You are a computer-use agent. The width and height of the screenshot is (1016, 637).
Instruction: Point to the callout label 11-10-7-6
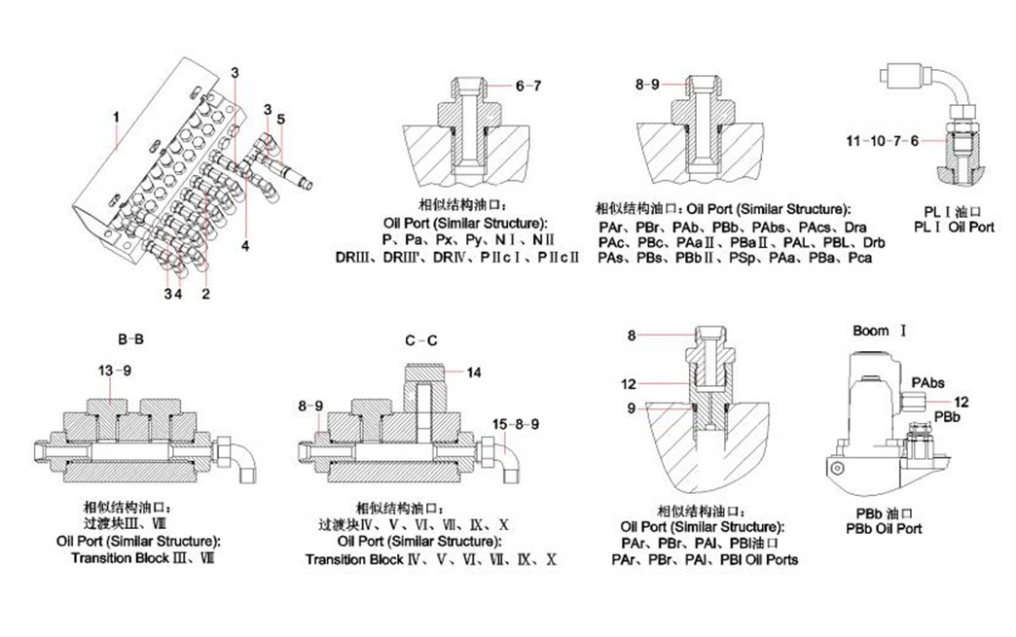[x=882, y=141]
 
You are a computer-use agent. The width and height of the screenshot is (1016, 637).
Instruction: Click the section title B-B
[x=131, y=340]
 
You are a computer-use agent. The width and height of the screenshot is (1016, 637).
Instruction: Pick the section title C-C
[x=419, y=340]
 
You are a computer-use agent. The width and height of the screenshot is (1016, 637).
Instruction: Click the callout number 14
[x=474, y=372]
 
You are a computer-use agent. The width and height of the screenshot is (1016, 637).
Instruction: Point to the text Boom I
[x=879, y=331]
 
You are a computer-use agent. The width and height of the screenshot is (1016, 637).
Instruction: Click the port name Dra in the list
[x=855, y=227]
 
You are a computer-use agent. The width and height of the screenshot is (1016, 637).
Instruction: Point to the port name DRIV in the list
[x=449, y=258]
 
